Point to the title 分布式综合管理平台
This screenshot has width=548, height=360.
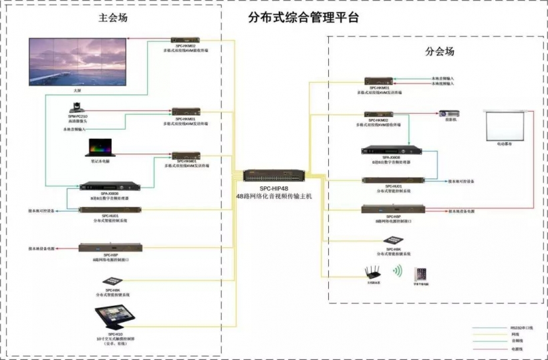(294, 18)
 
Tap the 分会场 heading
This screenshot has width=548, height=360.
(440, 51)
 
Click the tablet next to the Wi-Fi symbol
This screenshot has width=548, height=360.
(420, 274)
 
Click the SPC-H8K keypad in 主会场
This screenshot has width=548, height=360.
(112, 281)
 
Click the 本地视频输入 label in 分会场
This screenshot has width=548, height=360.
(441, 84)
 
